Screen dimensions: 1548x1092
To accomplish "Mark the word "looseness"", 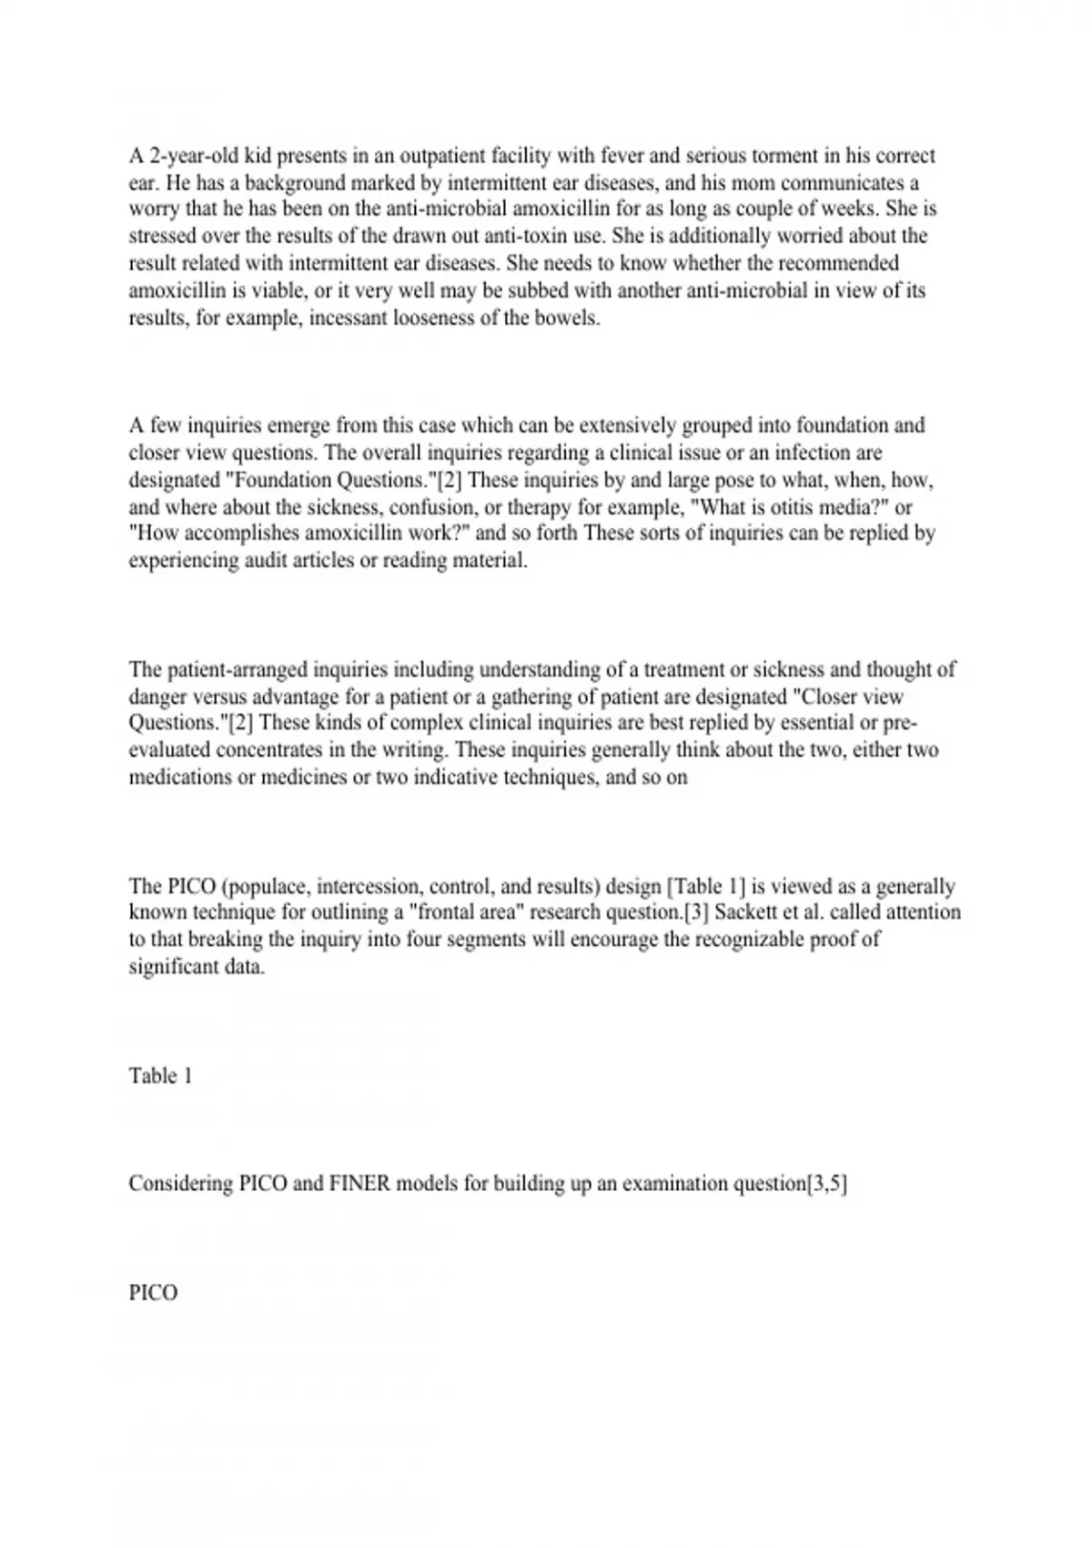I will coord(439,319).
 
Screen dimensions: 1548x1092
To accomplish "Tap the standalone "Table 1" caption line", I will coord(160,1076).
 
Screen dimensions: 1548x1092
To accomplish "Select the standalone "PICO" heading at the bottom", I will coord(153,1293).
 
